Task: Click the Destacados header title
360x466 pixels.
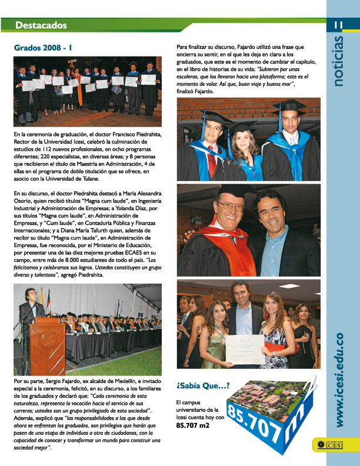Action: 41,25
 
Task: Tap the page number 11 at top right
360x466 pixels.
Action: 338,25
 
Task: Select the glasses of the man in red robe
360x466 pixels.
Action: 230,207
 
